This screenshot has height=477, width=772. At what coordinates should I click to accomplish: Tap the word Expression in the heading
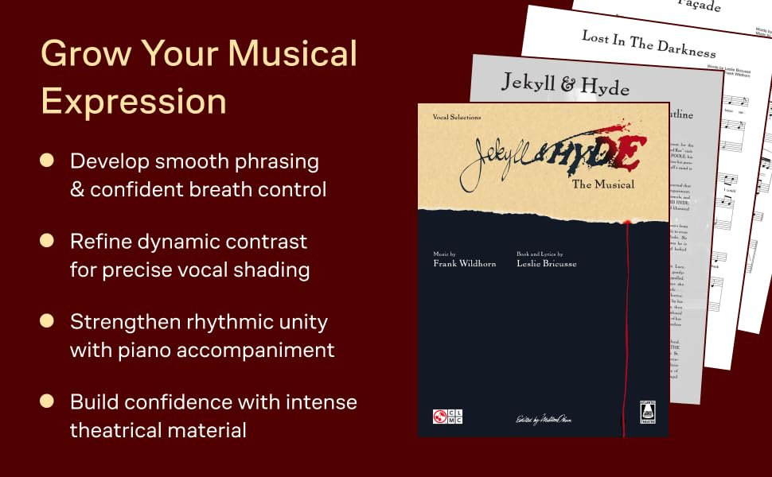tap(134, 101)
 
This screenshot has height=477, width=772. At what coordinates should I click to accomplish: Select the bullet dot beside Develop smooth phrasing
tap(47, 161)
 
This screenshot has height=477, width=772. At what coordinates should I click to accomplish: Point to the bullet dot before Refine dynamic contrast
tap(47, 240)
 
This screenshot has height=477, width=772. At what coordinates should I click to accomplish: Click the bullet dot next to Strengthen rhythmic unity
tap(47, 321)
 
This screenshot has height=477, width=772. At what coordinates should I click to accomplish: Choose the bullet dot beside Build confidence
tap(47, 401)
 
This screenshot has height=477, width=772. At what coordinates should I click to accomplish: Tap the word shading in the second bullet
tap(273, 270)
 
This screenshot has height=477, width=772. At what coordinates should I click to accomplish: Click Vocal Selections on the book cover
tap(457, 117)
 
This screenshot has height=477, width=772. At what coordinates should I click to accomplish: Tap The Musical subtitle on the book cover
tap(603, 184)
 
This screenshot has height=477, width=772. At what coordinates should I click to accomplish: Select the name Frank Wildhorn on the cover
tap(464, 263)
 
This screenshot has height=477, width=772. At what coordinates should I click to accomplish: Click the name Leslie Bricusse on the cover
tap(546, 263)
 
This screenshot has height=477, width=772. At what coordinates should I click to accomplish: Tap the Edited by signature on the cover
tap(542, 419)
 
